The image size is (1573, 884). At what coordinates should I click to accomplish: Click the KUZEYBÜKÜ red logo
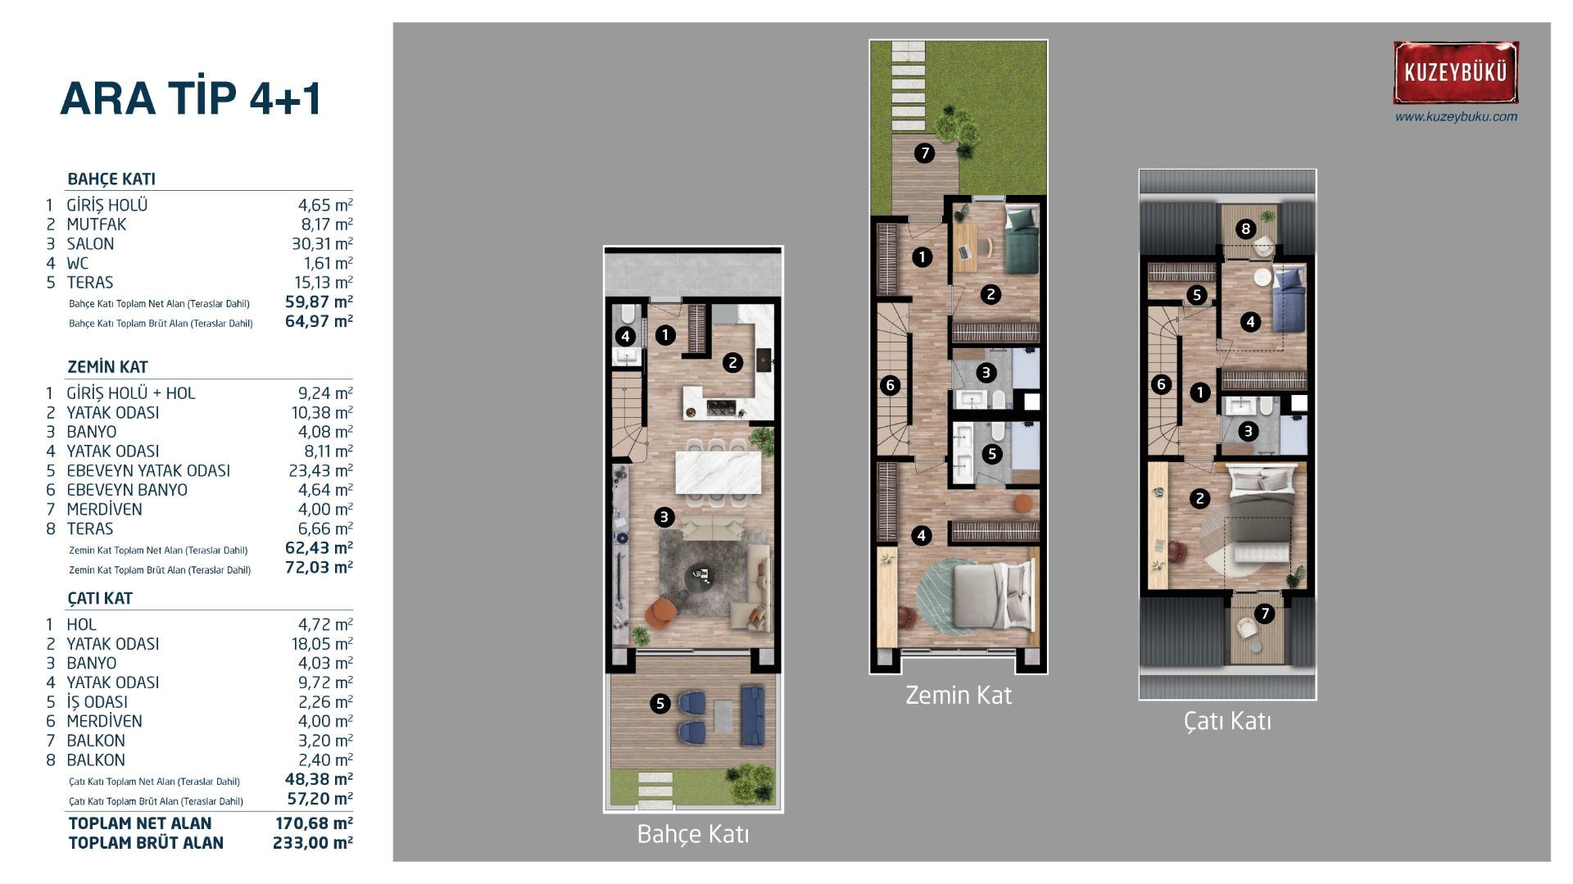(x=1456, y=72)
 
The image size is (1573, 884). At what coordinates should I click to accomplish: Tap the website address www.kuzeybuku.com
(x=1456, y=116)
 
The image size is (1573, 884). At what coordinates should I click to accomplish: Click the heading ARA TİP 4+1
(x=191, y=99)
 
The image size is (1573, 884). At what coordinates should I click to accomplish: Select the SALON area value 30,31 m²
(x=325, y=243)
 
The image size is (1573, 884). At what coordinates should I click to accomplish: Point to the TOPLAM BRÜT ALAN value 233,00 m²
(x=312, y=843)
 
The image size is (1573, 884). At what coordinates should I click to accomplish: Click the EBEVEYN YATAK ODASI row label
(x=148, y=470)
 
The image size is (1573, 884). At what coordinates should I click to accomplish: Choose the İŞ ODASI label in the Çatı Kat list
(x=97, y=702)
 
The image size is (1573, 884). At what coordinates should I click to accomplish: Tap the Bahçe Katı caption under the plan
(x=693, y=834)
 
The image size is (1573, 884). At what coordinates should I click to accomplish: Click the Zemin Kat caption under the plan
(x=959, y=696)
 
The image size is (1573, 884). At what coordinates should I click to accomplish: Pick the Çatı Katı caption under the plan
(x=1227, y=721)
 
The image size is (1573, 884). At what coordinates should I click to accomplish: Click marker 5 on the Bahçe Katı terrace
(x=660, y=703)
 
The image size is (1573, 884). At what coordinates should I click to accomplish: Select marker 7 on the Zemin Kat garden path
(x=924, y=153)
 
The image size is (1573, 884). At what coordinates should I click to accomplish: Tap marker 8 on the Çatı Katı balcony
(x=1245, y=229)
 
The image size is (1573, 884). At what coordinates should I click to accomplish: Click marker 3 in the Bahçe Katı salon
(x=664, y=517)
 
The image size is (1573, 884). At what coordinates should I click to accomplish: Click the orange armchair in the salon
(x=661, y=612)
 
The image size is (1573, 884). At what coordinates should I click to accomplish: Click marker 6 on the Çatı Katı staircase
(x=1160, y=384)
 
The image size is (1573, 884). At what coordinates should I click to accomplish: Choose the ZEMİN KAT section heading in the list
(x=107, y=367)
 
